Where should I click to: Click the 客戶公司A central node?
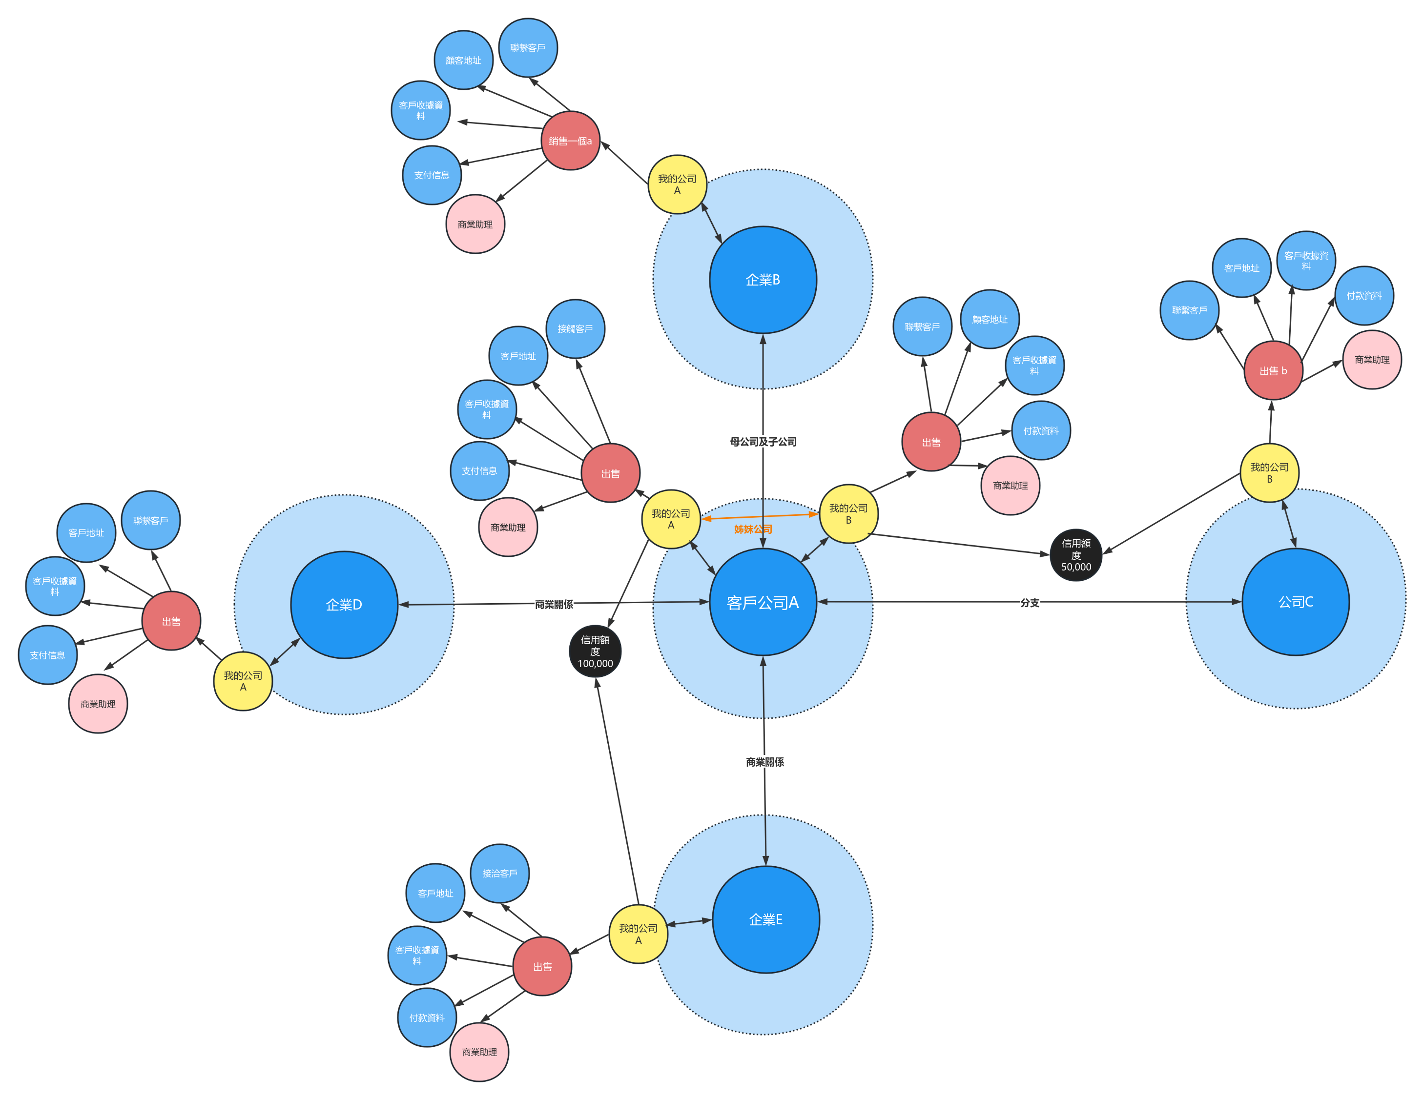coord(763,602)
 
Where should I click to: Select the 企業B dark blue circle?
coord(763,280)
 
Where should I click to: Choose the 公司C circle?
coord(1296,602)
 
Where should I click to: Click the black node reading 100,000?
coord(595,651)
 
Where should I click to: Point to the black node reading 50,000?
coord(1076,555)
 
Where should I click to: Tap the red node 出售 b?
coord(1273,370)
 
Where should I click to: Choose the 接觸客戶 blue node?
coord(575,328)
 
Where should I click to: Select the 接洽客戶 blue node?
coord(500,874)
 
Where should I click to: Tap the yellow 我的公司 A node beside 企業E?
coord(639,934)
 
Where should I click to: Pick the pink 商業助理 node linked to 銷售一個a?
coord(475,224)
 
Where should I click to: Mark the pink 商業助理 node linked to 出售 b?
coord(1372,360)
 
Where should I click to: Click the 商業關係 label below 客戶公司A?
coord(765,762)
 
